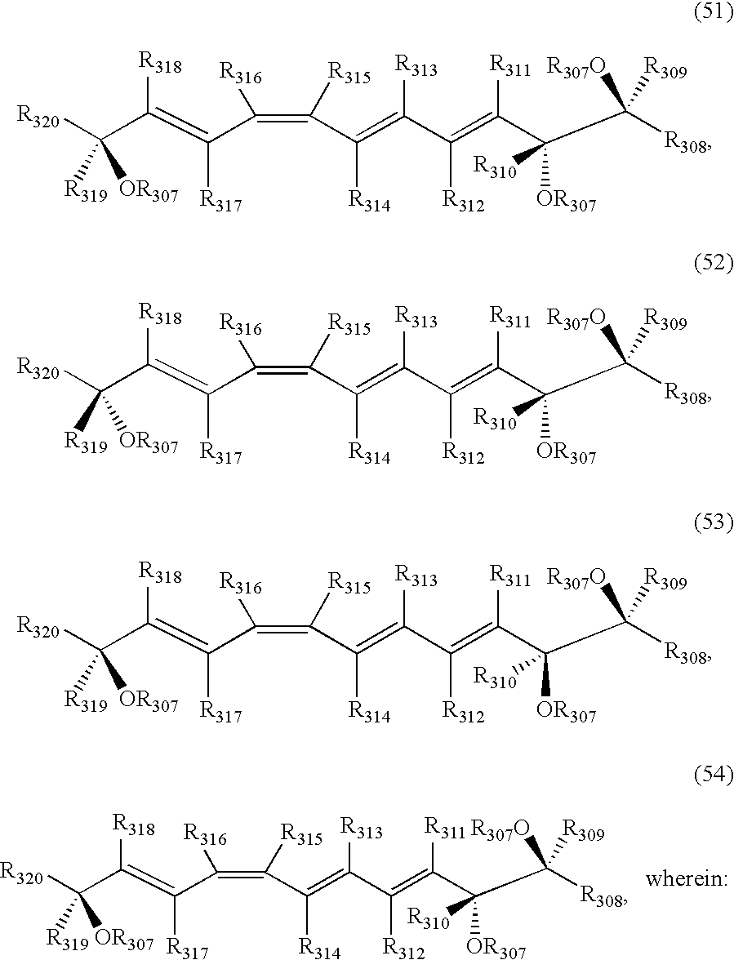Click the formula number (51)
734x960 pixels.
tap(713, 15)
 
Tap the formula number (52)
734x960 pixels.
tap(713, 262)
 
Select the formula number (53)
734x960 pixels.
tap(713, 522)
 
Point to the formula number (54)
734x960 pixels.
tap(713, 776)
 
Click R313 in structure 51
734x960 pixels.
tap(416, 65)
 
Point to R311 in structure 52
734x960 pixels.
tap(510, 318)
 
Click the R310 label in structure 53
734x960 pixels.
tap(495, 678)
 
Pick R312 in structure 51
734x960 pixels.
tap(464, 202)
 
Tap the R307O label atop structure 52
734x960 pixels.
tap(576, 319)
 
